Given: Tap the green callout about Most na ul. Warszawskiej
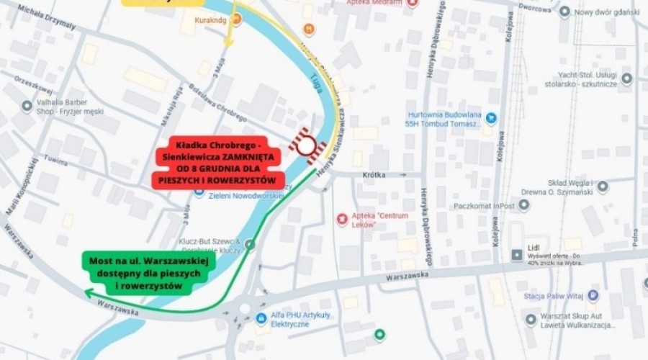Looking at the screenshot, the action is [145, 273].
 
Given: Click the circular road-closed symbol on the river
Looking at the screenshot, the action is [307, 145].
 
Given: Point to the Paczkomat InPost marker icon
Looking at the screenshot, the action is [524, 205].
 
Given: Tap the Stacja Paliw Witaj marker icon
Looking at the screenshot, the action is [593, 295].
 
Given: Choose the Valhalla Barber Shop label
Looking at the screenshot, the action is [65, 107].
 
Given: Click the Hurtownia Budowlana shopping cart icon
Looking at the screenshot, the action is [491, 117].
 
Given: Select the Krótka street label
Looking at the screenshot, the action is [375, 175].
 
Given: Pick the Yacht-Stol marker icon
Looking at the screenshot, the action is [627, 78].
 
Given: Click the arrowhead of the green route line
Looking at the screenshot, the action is [88, 292].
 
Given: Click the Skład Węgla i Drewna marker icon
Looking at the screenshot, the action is [603, 186].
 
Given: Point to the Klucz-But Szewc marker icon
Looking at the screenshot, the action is [250, 245].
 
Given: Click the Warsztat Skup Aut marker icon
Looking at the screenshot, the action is [531, 319].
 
